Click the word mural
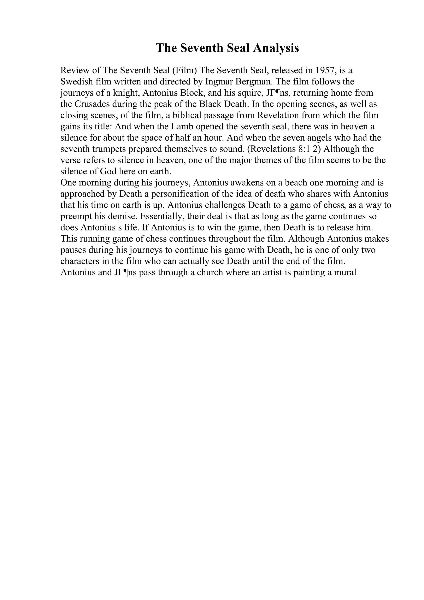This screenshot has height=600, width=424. (x=346, y=272)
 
